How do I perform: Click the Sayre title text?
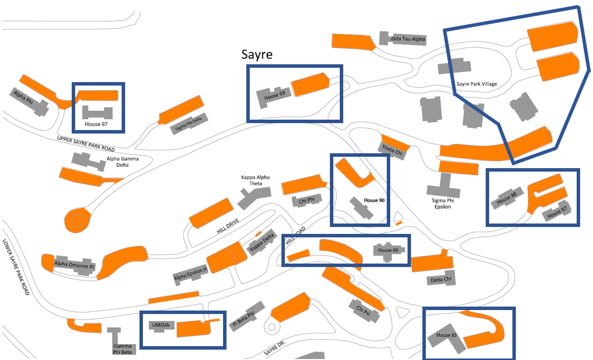[257, 54]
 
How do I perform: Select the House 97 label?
[96, 124]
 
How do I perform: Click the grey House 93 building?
[272, 97]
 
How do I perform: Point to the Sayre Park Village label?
[476, 84]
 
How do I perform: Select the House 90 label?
[374, 200]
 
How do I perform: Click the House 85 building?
[445, 336]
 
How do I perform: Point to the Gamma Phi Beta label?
[122, 349]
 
